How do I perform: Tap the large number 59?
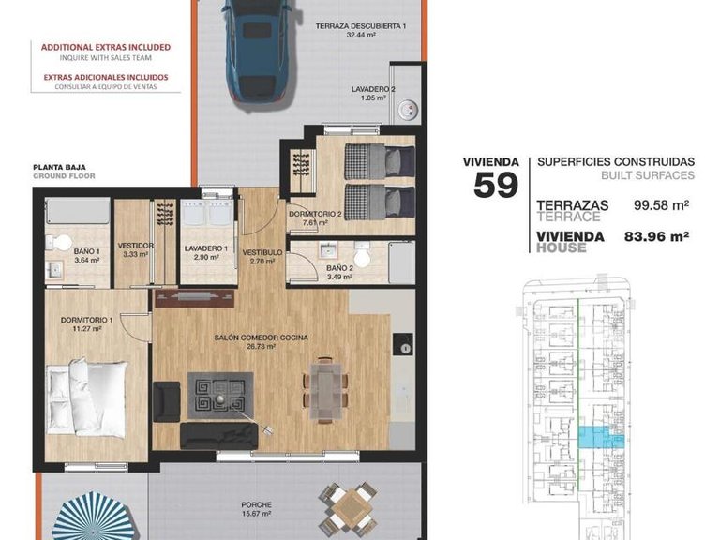tap(496, 184)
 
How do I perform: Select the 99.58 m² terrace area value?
tap(662, 204)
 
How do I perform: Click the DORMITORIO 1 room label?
tap(86, 322)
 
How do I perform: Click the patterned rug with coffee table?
tap(220, 397)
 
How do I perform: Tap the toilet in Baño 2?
tap(364, 256)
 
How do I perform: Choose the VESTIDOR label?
tap(136, 246)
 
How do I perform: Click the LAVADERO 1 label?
tap(204, 248)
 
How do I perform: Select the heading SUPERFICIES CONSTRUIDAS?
tap(616, 161)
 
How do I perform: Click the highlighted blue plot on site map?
tap(594, 435)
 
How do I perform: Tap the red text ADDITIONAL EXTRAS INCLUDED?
tap(105, 46)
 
